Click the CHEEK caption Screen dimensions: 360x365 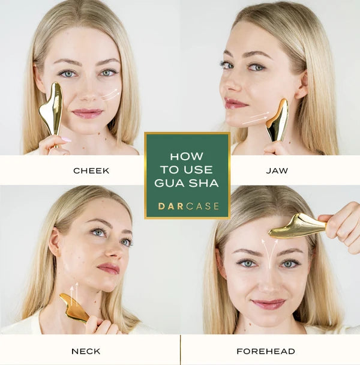tap(91, 170)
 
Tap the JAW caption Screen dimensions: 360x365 tap(277, 170)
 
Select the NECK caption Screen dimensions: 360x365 tap(86, 351)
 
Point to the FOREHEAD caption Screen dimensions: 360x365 tap(266, 351)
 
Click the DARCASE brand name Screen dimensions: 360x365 tap(188, 207)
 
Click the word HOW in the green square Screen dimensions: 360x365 tap(187, 157)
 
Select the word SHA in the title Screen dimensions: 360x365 tap(203, 183)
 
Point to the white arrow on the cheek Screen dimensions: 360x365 tap(111, 94)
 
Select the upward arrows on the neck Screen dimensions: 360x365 tap(74, 295)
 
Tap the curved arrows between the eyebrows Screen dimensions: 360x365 tap(269, 253)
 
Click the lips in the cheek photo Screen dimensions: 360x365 tap(88, 113)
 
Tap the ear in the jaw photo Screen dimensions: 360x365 tap(302, 86)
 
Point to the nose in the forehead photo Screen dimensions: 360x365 tap(269, 283)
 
